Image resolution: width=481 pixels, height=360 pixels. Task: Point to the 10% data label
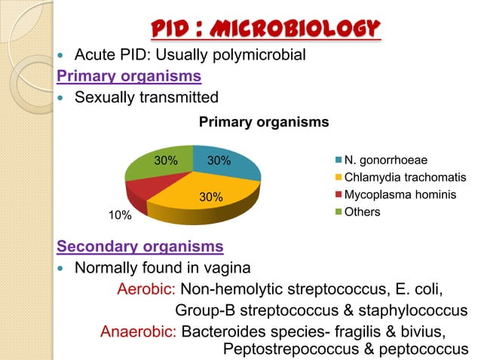click(x=119, y=216)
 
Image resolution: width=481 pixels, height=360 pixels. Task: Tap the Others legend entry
click(x=362, y=212)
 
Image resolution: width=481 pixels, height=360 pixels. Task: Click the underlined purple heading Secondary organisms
click(x=140, y=247)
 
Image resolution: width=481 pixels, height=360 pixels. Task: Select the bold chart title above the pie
click(x=263, y=121)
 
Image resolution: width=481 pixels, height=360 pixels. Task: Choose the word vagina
click(x=241, y=269)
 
